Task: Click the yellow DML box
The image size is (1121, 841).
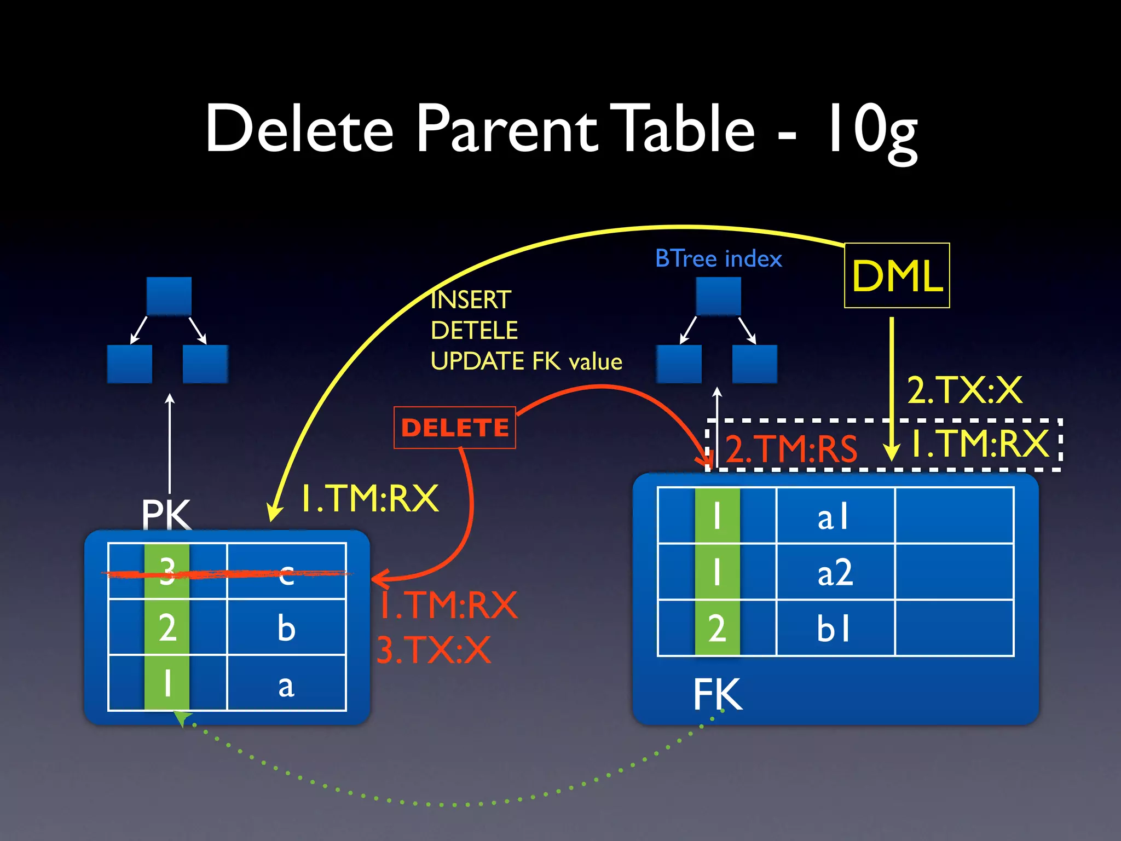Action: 897,275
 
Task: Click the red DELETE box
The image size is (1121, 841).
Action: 455,428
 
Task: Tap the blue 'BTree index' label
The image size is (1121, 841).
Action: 718,258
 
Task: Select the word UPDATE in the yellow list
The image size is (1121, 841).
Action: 478,361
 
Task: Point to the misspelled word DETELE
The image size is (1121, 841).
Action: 474,330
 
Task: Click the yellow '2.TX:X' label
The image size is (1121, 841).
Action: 964,390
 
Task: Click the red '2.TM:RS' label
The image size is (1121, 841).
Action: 791,449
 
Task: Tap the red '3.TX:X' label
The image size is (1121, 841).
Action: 434,650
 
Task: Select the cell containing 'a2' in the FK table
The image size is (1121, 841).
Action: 835,572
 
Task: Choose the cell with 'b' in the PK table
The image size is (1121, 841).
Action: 286,627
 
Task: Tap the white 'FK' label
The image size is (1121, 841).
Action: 717,694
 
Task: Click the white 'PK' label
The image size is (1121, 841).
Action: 166,515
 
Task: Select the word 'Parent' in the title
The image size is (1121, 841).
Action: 506,129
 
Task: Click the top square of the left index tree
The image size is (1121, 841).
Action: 169,296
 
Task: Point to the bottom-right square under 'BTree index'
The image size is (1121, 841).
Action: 754,364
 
